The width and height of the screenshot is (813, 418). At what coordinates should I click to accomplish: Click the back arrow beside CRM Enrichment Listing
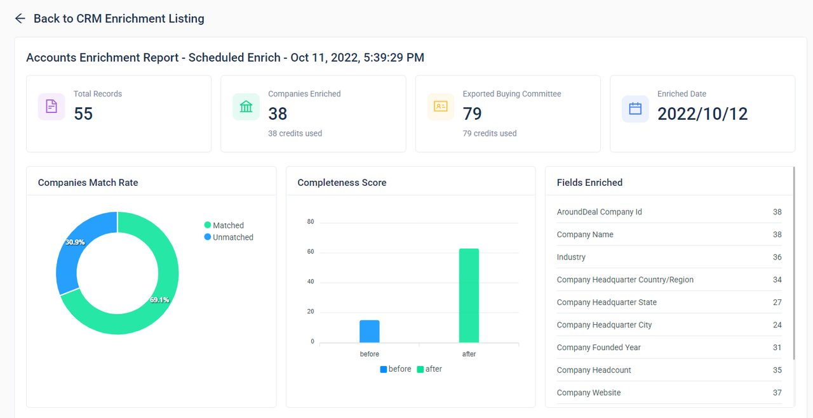point(20,19)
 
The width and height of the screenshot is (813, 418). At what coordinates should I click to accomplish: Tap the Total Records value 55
point(83,114)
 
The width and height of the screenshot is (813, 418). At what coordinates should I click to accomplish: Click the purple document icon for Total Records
point(51,107)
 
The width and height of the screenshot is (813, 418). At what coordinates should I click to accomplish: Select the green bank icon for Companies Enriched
point(246,107)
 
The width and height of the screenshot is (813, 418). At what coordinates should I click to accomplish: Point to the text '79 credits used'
point(489,133)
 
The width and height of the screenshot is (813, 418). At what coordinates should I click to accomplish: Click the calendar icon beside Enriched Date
point(635,108)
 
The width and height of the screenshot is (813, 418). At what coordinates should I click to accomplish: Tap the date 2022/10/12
point(702,114)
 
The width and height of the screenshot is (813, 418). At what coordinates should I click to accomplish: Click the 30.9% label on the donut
point(75,242)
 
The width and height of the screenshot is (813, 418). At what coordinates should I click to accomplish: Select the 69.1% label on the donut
point(159,299)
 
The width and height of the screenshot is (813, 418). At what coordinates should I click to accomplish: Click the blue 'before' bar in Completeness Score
point(370,331)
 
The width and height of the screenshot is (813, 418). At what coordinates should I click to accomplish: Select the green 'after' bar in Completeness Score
point(469,296)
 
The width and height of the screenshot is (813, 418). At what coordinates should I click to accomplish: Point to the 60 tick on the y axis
point(311,252)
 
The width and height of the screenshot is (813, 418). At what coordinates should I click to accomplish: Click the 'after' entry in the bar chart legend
point(429,369)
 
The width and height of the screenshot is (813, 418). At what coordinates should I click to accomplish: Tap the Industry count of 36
point(777,257)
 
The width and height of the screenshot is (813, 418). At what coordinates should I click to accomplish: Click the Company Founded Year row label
point(598,348)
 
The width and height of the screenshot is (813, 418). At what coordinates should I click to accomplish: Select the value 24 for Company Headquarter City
point(777,325)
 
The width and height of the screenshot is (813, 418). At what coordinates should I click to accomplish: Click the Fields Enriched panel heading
point(589,183)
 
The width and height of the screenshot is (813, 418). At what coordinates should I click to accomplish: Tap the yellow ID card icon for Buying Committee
point(441,107)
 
